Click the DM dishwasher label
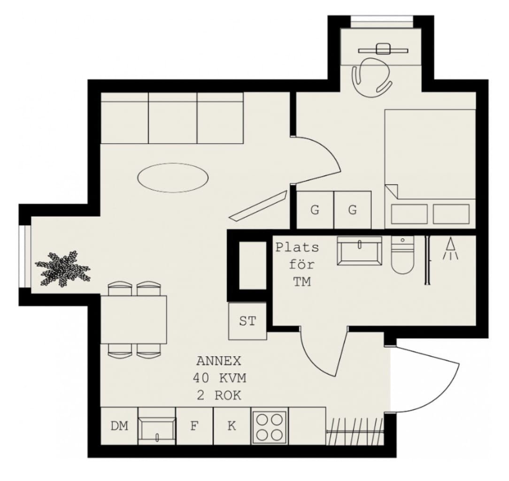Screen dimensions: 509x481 tap(119, 426)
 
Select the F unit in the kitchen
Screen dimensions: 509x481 tap(194, 426)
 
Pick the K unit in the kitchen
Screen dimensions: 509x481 tap(232, 426)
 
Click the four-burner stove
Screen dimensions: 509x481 tap(270, 426)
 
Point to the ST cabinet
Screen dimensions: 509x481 tap(247, 321)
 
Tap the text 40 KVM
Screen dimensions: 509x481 tap(219, 378)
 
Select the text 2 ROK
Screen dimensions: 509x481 tap(219, 395)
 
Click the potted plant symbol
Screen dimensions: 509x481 tap(62, 268)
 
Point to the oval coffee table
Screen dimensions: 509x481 tap(173, 178)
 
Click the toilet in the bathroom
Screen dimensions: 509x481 tap(402, 255)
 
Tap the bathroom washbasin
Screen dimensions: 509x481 tap(360, 251)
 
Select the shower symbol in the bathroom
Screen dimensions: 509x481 tap(451, 249)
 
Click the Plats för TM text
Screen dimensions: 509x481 tap(298, 265)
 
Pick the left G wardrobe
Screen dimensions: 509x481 tap(315, 210)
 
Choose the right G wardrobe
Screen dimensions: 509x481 tap(353, 210)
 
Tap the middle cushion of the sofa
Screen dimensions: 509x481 tap(173, 118)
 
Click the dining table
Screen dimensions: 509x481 tap(133, 320)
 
